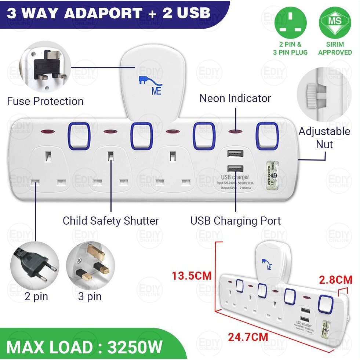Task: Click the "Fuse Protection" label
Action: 45,101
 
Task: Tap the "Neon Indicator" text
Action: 235,98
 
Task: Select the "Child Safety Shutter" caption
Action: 110,221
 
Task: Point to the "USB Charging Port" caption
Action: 235,221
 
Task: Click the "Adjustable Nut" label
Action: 324,138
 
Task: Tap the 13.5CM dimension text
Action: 192,275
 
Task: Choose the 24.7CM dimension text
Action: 248,336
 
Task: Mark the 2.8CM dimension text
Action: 335,280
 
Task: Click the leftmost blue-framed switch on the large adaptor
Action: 79,135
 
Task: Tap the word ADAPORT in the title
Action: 103,14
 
